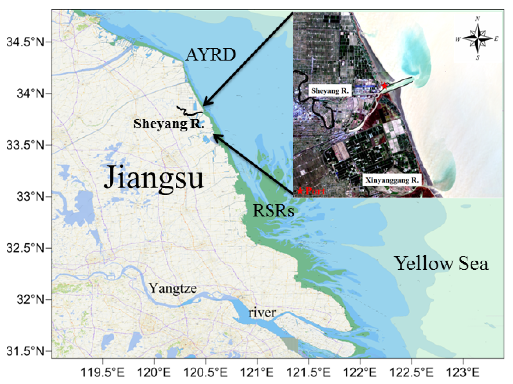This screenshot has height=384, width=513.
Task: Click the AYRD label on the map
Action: [210, 54]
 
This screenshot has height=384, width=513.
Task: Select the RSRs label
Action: [273, 210]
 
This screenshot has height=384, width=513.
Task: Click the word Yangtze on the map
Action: [173, 288]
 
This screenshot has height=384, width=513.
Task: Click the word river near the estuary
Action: [262, 313]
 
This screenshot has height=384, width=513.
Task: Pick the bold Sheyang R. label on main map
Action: [169, 124]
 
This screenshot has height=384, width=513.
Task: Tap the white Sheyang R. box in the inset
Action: [330, 91]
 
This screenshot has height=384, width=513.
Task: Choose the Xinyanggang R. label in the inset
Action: [392, 180]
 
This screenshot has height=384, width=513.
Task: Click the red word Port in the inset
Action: [315, 191]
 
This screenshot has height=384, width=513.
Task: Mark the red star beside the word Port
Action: [300, 191]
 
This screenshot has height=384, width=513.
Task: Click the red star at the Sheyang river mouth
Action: [384, 86]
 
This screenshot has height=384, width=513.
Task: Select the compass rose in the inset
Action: [478, 38]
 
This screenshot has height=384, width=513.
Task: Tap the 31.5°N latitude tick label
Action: [25, 351]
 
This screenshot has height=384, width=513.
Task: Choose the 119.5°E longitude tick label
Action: [102, 372]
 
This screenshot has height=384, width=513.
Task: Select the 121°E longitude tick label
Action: [257, 372]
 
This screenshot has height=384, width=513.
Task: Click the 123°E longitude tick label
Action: [463, 372]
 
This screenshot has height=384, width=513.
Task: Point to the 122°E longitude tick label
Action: [360, 372]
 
